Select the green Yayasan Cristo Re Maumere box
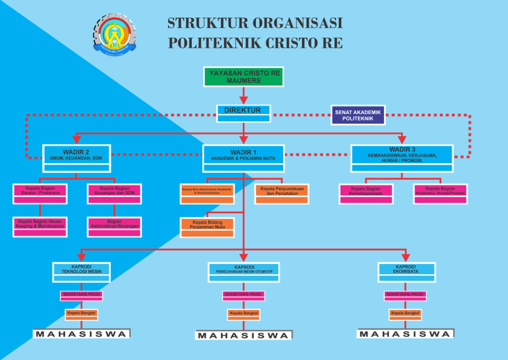243,76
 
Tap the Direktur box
243,113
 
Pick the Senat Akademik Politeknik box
358,115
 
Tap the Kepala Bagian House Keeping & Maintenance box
40,227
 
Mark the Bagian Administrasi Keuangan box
114,227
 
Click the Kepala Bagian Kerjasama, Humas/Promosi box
440,193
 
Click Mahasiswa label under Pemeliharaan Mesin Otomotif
243,335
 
